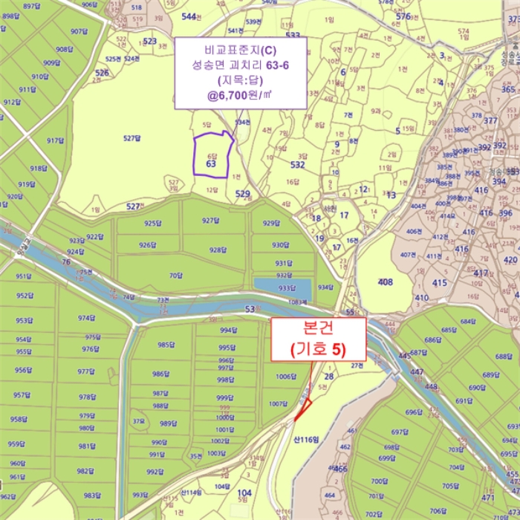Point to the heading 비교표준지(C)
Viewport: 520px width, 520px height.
(x=240, y=50)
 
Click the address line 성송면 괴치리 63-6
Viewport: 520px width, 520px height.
(x=240, y=65)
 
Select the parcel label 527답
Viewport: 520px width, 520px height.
(x=131, y=138)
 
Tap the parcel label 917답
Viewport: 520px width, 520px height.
(x=56, y=140)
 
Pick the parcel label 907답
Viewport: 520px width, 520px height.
(x=79, y=32)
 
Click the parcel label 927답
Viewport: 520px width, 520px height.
(x=210, y=221)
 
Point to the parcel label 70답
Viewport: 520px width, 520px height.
(x=175, y=276)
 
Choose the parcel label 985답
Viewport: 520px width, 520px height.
(x=165, y=345)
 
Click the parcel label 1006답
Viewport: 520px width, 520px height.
(x=286, y=377)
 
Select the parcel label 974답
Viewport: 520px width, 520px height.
(x=88, y=318)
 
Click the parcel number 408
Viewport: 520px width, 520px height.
(x=385, y=282)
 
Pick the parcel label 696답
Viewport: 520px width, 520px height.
(x=414, y=412)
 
